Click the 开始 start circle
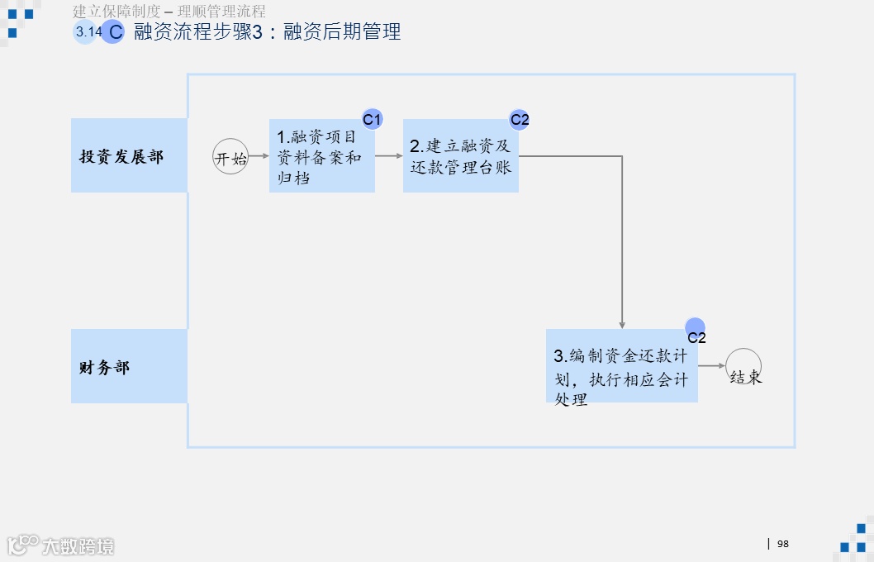tap(230, 156)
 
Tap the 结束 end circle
tap(743, 366)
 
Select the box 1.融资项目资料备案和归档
tap(321, 156)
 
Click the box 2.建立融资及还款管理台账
tap(460, 156)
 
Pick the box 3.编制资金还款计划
tap(621, 366)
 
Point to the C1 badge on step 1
tap(373, 120)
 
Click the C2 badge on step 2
tap(519, 120)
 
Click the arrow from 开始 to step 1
tap(259, 155)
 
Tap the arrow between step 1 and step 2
tap(388, 155)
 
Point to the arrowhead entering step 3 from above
tap(622, 324)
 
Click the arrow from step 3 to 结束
tap(711, 366)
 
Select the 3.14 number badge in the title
tap(86, 32)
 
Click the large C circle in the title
tap(114, 32)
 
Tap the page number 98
tap(783, 543)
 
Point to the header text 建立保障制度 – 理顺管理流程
tap(169, 12)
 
